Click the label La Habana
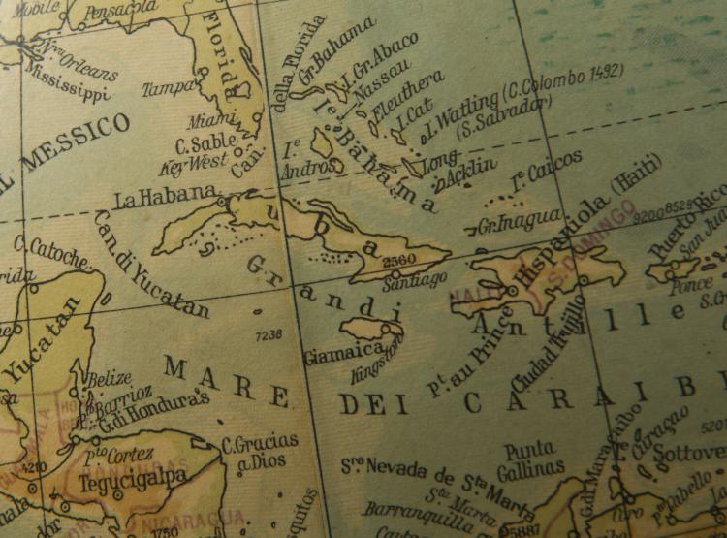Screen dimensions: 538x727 click(165, 198)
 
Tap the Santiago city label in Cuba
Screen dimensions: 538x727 click(415, 280)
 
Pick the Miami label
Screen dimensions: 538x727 click(212, 121)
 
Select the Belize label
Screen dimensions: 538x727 click(109, 379)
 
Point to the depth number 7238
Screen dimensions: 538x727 click(269, 334)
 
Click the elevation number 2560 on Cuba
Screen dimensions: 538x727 click(399, 261)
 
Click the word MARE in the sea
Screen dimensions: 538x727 click(226, 381)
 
